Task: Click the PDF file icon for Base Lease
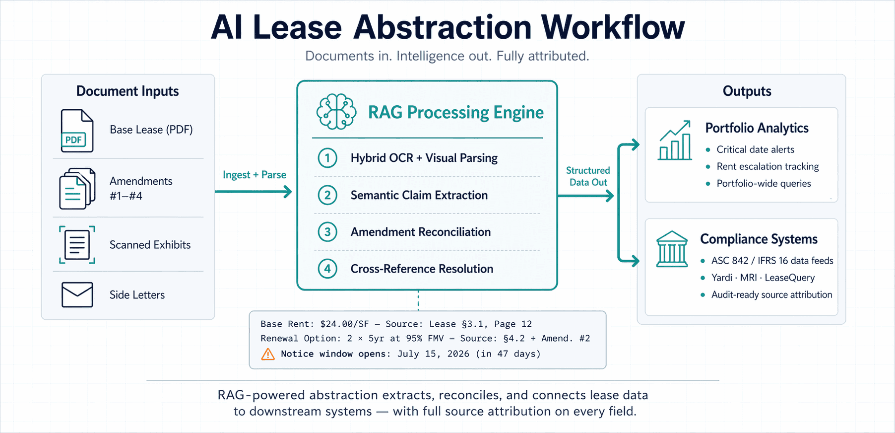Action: tap(77, 131)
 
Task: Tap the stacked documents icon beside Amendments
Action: tap(77, 189)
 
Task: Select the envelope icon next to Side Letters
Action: tap(77, 294)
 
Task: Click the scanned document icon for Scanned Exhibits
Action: tap(77, 245)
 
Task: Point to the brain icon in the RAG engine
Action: tap(336, 112)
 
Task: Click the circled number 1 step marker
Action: tap(327, 158)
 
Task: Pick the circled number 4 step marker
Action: tap(327, 269)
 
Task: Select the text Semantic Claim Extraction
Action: tap(419, 195)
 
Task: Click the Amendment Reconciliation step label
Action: tap(420, 232)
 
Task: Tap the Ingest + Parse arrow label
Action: tap(254, 175)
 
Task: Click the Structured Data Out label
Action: tap(588, 176)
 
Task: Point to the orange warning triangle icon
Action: tap(268, 354)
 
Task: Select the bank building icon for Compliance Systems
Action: tap(672, 249)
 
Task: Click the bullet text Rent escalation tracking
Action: tap(767, 166)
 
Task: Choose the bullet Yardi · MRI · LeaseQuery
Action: tap(763, 278)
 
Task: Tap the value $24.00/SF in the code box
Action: tap(344, 324)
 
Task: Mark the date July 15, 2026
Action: tap(433, 354)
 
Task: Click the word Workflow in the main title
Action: tap(612, 27)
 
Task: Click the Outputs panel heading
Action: tap(747, 91)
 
